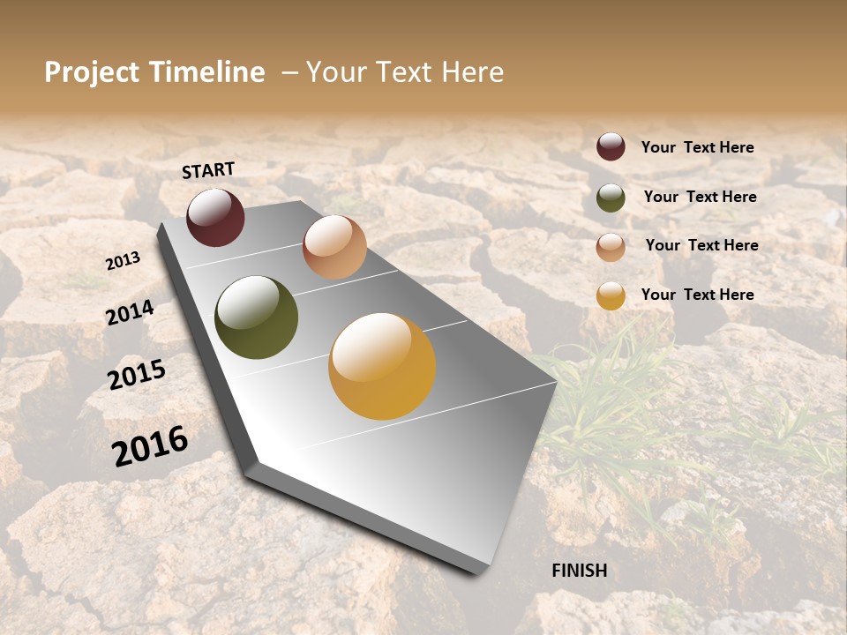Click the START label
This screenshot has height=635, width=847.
click(208, 170)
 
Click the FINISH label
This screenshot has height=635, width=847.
click(580, 571)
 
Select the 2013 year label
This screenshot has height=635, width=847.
click(123, 260)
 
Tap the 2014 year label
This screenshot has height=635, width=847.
click(130, 312)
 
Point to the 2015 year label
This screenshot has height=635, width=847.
click(137, 375)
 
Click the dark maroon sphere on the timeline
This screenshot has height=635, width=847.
click(215, 217)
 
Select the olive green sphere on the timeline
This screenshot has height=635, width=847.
click(256, 317)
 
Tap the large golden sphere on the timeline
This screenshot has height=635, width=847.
click(382, 366)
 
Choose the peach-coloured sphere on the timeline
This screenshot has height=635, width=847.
click(334, 247)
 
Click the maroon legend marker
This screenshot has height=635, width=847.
click(611, 147)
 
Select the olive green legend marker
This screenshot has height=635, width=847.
click(611, 198)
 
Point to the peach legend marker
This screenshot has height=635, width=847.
click(611, 247)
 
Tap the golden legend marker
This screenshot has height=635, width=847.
click(611, 295)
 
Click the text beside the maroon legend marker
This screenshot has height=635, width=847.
click(697, 148)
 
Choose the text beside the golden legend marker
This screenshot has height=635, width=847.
click(697, 295)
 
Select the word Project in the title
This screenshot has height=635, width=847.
click(91, 72)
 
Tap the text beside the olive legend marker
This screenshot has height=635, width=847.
click(700, 197)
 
